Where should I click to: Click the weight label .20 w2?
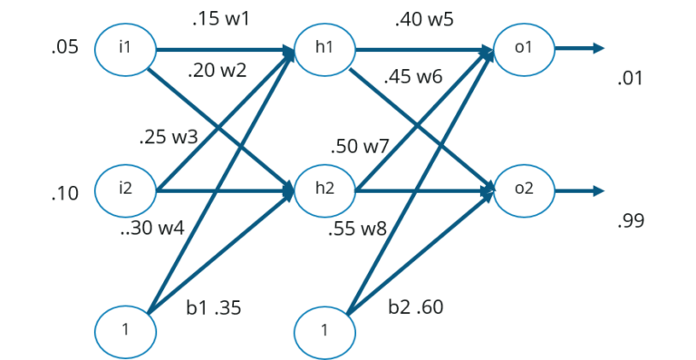(x=217, y=70)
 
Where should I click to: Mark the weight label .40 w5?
(x=421, y=18)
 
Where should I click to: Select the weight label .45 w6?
(x=413, y=76)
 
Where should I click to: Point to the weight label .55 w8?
(x=357, y=229)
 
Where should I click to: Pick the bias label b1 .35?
(x=213, y=308)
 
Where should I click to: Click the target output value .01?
(x=630, y=79)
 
